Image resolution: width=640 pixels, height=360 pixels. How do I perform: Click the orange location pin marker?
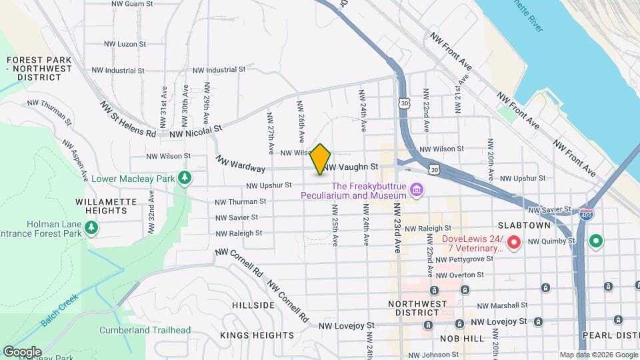[x=321, y=159]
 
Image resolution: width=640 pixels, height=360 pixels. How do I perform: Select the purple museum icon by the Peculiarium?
[x=417, y=191]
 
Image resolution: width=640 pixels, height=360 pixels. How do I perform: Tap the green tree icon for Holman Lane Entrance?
[x=91, y=229]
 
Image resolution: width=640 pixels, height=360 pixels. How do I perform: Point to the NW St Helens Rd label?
[x=128, y=118]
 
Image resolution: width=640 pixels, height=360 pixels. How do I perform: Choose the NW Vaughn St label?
[x=352, y=167]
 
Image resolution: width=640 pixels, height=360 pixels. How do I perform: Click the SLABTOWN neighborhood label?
[x=523, y=226]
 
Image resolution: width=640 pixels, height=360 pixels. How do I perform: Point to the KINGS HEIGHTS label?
[x=257, y=335]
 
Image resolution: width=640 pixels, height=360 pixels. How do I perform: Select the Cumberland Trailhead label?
[x=145, y=330]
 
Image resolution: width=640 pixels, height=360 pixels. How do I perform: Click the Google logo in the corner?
[x=21, y=351]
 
